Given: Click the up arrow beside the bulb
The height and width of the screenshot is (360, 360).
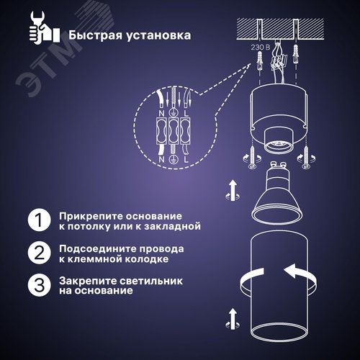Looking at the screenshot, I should (x=233, y=189).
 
